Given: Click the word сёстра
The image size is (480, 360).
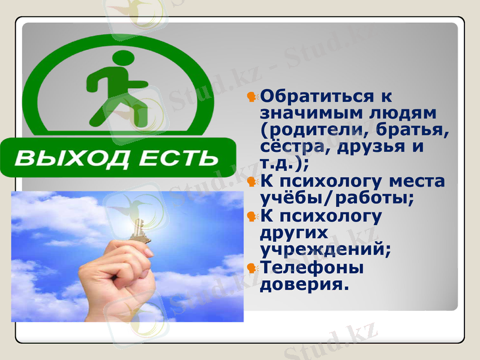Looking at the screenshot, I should (x=286, y=146).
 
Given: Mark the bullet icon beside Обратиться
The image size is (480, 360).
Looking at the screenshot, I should (x=253, y=96).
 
